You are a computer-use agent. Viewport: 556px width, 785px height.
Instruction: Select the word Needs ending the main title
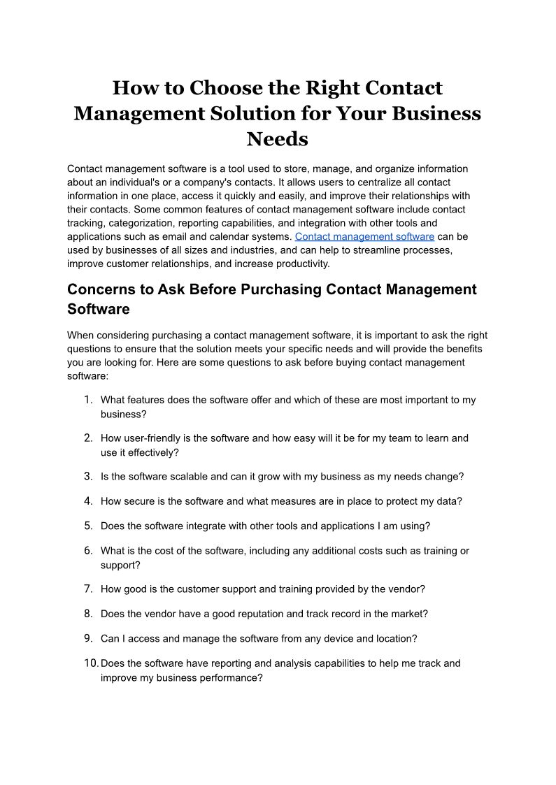pyautogui.click(x=277, y=138)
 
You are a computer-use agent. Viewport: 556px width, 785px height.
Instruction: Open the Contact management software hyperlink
pyautogui.click(x=364, y=236)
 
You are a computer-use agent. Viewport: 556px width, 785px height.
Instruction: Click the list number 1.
pyautogui.click(x=87, y=400)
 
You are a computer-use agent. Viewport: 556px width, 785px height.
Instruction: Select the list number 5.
pyautogui.click(x=88, y=526)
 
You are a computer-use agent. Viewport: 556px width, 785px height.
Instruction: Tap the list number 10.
pyautogui.click(x=91, y=663)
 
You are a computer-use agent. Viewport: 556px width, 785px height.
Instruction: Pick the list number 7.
pyautogui.click(x=88, y=589)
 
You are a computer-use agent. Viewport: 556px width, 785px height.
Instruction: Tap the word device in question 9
pyautogui.click(x=336, y=638)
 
